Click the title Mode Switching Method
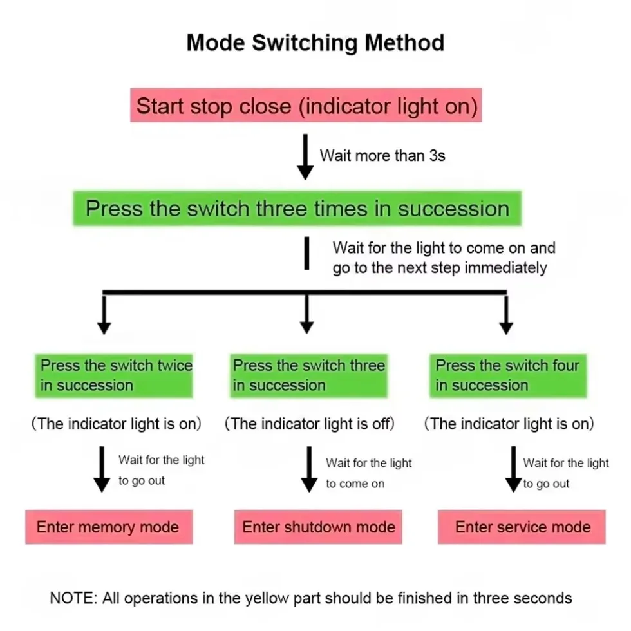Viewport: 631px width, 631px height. [315, 42]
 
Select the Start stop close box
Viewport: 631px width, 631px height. [306, 105]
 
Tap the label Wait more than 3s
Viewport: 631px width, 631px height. [382, 155]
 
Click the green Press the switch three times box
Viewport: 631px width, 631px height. [297, 209]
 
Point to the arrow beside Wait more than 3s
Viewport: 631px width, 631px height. [305, 156]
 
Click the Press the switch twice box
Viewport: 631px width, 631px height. [114, 376]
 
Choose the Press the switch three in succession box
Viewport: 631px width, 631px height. [308, 376]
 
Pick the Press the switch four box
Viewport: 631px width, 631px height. [508, 376]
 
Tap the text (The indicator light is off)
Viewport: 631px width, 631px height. [310, 424]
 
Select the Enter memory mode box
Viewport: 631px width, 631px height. [109, 527]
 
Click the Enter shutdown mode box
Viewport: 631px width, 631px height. [318, 527]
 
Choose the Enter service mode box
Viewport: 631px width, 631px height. [522, 527]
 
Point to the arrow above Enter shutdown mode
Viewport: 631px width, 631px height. [309, 469]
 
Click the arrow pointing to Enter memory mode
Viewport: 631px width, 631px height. [102, 469]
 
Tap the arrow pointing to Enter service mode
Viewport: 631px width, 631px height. [514, 469]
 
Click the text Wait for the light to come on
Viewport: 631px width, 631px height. [368, 473]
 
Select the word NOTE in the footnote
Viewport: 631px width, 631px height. [73, 598]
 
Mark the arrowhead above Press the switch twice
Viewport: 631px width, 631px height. [104, 328]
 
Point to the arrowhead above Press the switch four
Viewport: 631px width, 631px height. [506, 328]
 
